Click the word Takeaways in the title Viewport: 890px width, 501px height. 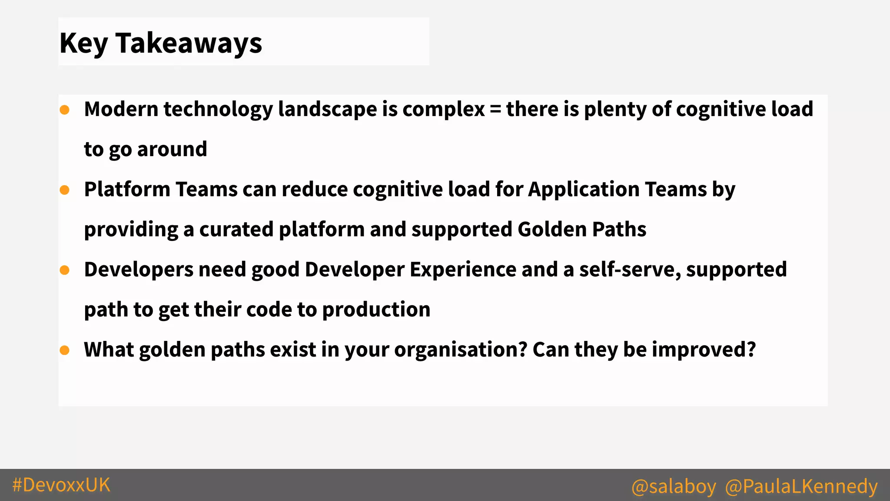(x=189, y=43)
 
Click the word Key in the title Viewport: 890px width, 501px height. (x=83, y=43)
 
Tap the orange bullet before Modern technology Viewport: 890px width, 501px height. (x=65, y=110)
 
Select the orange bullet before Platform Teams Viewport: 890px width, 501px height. (x=65, y=190)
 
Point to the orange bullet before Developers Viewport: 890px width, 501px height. (x=65, y=270)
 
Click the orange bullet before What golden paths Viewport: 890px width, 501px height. (x=65, y=350)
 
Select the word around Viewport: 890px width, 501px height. (x=172, y=149)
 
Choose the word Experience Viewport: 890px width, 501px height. (x=463, y=270)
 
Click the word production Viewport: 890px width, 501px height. (x=376, y=310)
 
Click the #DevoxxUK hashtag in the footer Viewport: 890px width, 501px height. (x=61, y=485)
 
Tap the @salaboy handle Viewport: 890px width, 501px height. (x=674, y=486)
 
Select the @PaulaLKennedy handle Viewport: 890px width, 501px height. (x=801, y=486)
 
